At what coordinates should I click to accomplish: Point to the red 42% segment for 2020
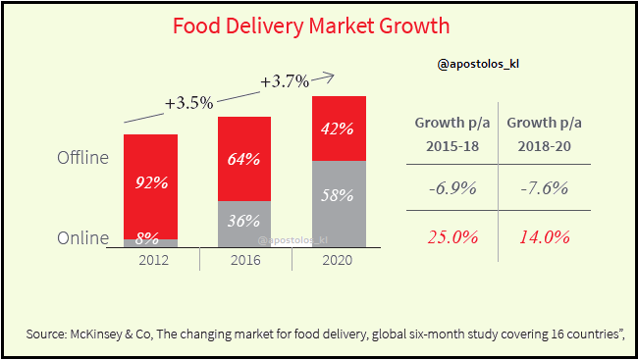[x=338, y=128]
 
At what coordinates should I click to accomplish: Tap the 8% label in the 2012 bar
[x=150, y=236]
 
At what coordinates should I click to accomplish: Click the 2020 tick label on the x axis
[x=337, y=260]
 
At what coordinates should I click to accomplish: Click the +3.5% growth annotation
[x=188, y=102]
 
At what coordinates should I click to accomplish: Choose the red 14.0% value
[x=543, y=235]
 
